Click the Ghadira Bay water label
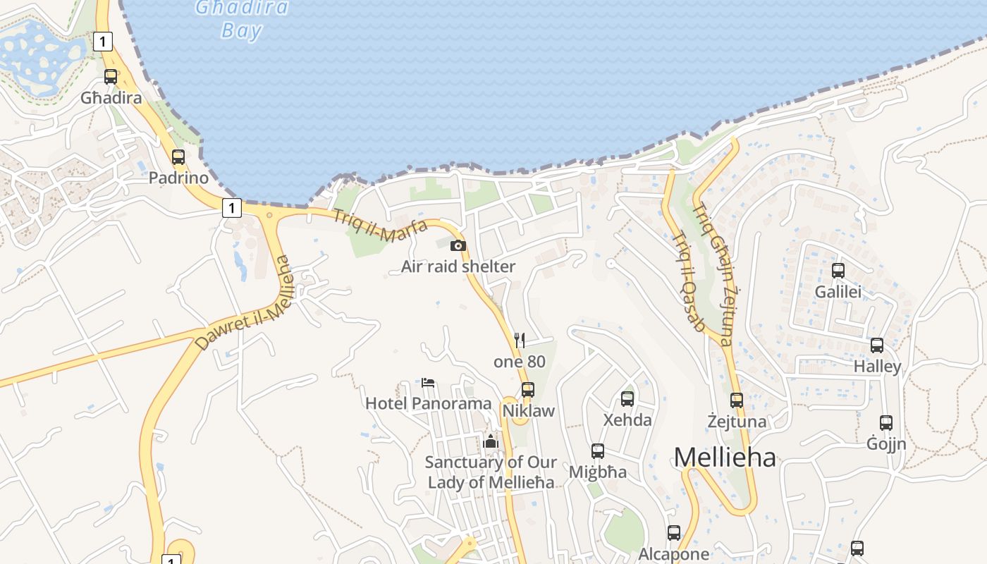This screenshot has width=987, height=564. [242, 18]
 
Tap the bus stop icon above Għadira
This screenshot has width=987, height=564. [111, 77]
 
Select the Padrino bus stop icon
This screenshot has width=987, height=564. [178, 157]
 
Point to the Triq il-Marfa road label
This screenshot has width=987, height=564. [380, 226]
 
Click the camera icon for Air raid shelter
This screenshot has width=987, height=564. [458, 245]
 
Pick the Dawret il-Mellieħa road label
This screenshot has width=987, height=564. [244, 303]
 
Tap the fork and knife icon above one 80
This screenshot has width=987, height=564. [520, 341]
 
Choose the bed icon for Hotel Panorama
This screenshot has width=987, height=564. [428, 384]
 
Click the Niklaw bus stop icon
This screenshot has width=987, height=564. [528, 390]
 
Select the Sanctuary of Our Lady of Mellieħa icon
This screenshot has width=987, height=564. [491, 442]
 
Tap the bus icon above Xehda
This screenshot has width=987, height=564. [627, 399]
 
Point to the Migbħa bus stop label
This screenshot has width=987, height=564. [598, 472]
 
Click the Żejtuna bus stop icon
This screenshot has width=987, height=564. [737, 400]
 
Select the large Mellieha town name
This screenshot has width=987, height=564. [725, 458]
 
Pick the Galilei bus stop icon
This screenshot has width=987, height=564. [838, 271]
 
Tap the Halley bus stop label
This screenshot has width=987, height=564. [877, 367]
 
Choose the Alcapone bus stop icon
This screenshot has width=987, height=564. [674, 533]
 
